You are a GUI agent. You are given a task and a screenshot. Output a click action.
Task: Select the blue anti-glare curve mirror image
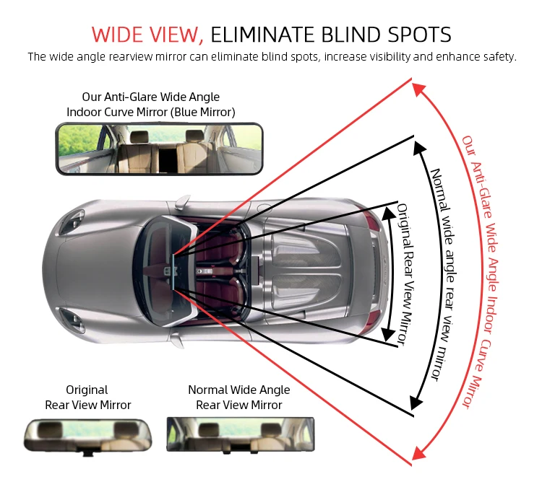160,148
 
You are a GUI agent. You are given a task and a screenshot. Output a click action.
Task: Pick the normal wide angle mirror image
241,434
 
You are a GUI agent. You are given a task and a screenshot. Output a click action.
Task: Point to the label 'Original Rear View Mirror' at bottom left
87,398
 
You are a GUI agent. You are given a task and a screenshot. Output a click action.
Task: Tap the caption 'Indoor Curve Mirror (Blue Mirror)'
151,112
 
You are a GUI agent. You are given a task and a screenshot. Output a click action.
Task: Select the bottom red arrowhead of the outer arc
417,453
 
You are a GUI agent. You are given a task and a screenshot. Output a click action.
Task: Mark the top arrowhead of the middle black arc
418,146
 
